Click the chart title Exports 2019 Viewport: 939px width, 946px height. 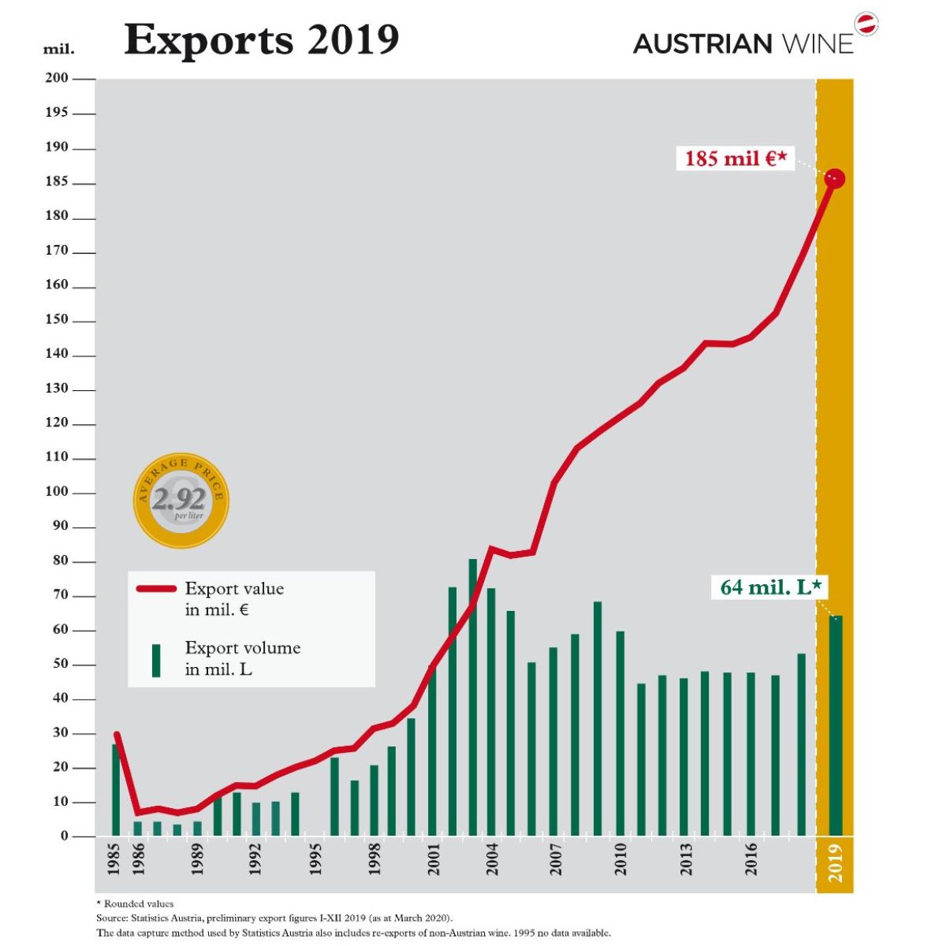(x=261, y=39)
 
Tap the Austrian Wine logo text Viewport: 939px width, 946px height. (x=743, y=43)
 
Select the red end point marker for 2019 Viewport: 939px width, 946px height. (x=834, y=179)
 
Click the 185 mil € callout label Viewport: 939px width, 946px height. (x=735, y=158)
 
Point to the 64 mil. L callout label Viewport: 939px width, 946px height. (x=771, y=587)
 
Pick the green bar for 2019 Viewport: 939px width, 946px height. (x=835, y=725)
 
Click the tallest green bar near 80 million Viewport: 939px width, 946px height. (x=473, y=698)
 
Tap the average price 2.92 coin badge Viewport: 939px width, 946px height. (x=181, y=500)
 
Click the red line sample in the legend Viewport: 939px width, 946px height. (x=156, y=589)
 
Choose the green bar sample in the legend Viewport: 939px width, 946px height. (x=156, y=660)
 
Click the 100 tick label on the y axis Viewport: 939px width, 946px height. (x=57, y=493)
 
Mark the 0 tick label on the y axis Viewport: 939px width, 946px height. (x=65, y=836)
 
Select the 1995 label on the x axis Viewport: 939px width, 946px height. (x=315, y=858)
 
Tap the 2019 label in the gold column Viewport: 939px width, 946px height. (x=835, y=862)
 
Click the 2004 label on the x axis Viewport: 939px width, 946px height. (x=492, y=858)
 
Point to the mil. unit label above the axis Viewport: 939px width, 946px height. (x=58, y=49)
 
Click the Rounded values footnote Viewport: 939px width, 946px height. (x=135, y=903)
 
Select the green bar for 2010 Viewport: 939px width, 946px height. (x=620, y=733)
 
